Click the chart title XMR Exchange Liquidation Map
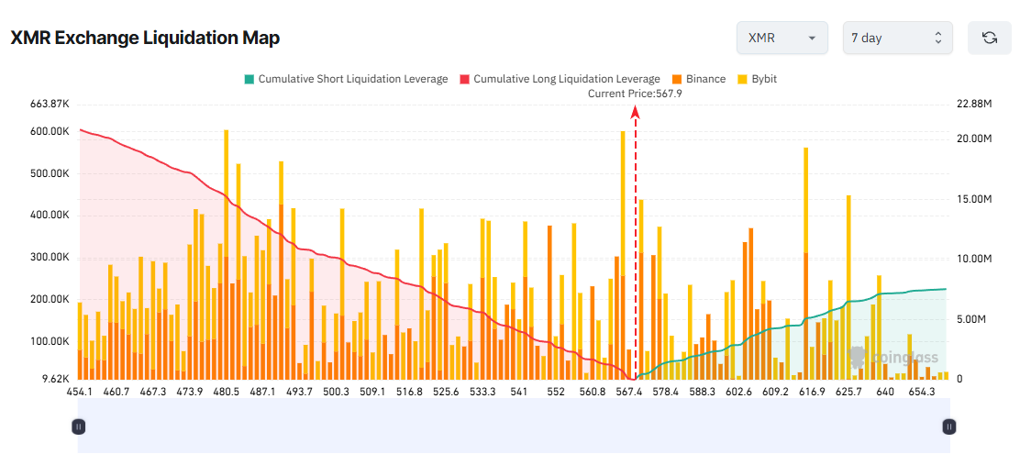[145, 38]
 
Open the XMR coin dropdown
[782, 38]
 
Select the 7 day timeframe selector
[897, 38]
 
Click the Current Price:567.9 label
[635, 94]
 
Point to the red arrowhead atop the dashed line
[635, 111]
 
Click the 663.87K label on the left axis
[50, 104]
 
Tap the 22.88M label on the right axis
[974, 104]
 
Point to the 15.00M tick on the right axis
[974, 199]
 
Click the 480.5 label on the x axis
[226, 392]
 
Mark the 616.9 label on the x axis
[812, 392]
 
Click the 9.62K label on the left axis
[56, 379]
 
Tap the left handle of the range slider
[79, 426]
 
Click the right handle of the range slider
[949, 426]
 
